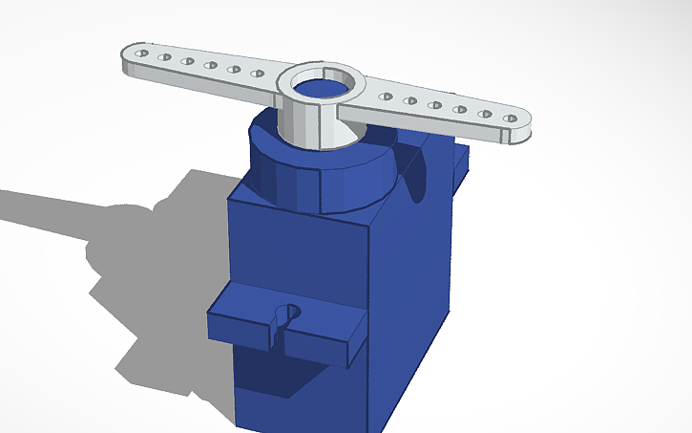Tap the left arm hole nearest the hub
pos(257,73)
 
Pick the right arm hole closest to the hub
pos(387,96)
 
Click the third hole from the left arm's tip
pos(187,62)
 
